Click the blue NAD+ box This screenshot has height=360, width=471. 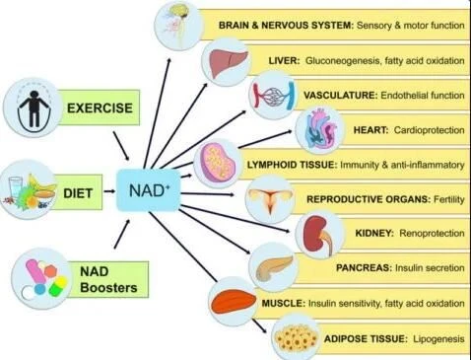(x=149, y=190)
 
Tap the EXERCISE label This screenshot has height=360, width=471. (x=100, y=108)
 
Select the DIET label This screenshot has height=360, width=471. (x=78, y=193)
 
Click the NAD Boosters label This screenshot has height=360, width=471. (x=108, y=279)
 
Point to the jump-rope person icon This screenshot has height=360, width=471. (x=34, y=108)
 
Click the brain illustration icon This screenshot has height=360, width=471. (x=177, y=26)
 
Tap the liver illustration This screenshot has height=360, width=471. (x=228, y=62)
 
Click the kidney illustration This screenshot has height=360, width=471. (x=318, y=235)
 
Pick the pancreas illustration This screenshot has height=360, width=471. (x=273, y=267)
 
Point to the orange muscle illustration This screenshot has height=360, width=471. (x=234, y=303)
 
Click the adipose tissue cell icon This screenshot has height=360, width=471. (x=296, y=338)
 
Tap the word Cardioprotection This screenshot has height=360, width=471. (x=429, y=130)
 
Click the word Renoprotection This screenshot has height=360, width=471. (x=432, y=233)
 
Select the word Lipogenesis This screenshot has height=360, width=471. (x=438, y=338)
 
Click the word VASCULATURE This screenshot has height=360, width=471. (x=341, y=96)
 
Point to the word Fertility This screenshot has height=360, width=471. (x=449, y=199)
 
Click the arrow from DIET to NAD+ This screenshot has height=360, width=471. (x=109, y=191)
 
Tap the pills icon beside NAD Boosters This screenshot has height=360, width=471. (x=41, y=279)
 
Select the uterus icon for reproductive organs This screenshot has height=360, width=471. (x=270, y=200)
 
